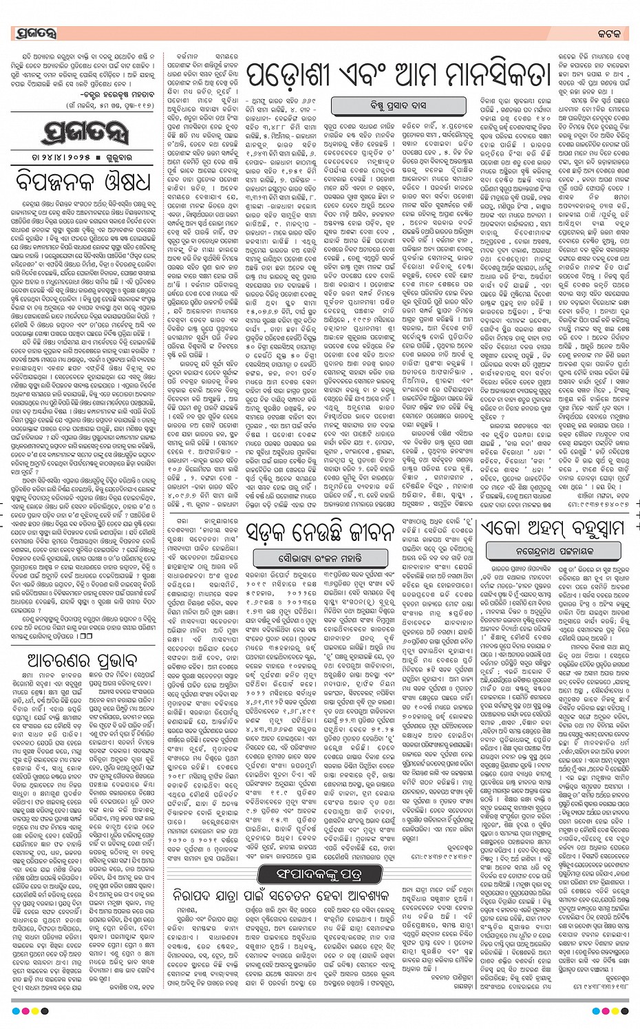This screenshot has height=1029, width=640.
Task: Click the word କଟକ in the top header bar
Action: click(x=610, y=33)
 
